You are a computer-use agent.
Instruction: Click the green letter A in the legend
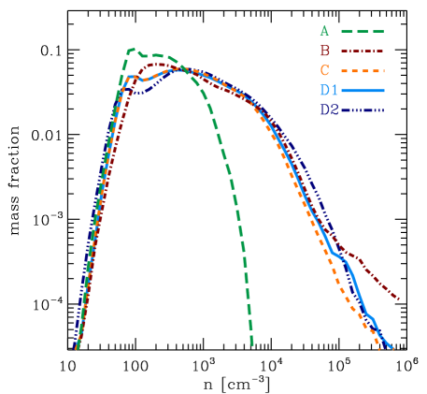click(324, 31)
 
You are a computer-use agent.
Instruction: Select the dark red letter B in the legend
click(324, 51)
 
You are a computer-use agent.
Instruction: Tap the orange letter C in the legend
click(324, 70)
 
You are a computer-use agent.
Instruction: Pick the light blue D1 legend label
click(328, 90)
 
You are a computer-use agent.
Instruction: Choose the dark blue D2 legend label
click(328, 109)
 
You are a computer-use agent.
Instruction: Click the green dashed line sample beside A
click(363, 31)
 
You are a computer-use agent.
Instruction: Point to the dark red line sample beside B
click(363, 51)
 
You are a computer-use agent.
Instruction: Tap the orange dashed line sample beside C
click(363, 70)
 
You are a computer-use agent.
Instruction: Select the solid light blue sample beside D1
click(363, 90)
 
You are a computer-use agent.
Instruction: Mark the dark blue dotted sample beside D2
click(363, 109)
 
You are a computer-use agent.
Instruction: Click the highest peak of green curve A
click(132, 49)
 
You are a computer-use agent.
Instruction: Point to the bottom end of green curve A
click(252, 345)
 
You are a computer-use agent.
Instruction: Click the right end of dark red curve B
click(399, 299)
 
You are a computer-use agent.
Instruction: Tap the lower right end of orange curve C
click(379, 349)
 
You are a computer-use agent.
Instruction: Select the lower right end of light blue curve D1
click(392, 349)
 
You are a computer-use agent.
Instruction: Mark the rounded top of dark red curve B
click(159, 65)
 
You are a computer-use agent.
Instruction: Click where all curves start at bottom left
click(77, 347)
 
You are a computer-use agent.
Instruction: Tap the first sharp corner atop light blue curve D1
click(129, 77)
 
